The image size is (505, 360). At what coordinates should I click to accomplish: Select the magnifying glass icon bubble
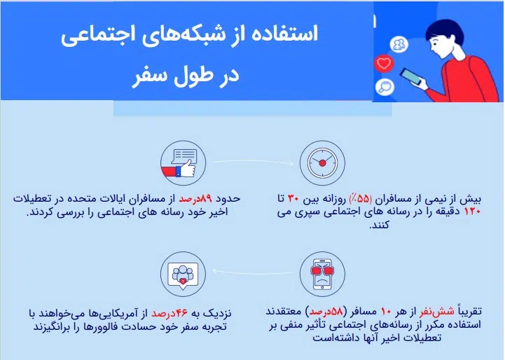click(x=383, y=87)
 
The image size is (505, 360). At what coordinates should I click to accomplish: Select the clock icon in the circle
click(x=321, y=163)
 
